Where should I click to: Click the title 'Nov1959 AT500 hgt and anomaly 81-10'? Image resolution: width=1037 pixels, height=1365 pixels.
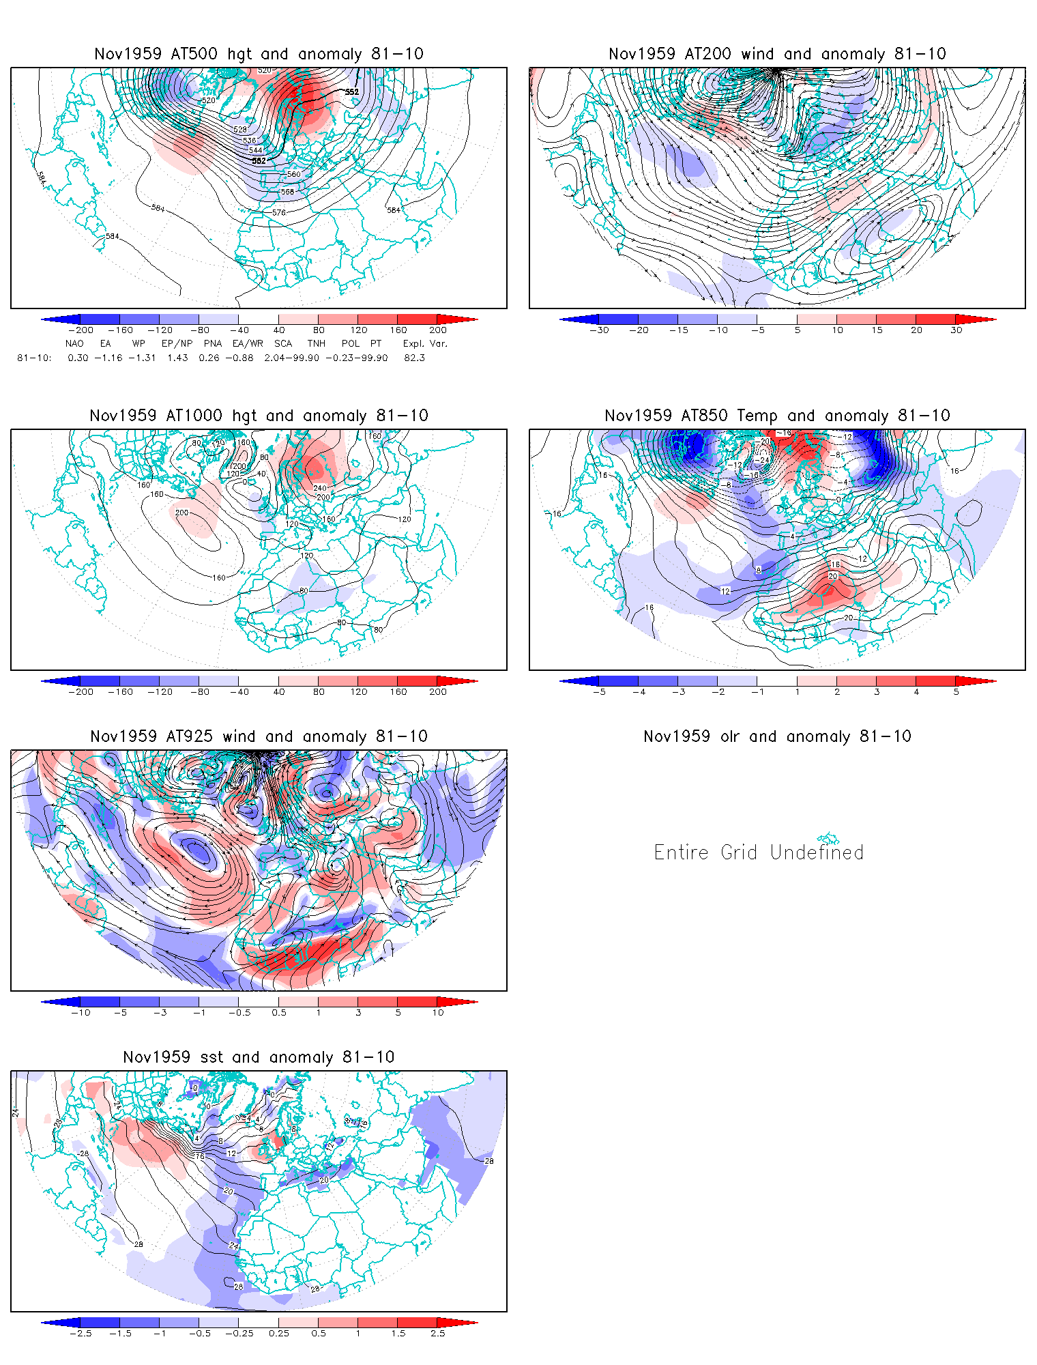click(x=259, y=54)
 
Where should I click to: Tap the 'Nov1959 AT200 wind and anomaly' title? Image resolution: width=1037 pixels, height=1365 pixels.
click(x=777, y=54)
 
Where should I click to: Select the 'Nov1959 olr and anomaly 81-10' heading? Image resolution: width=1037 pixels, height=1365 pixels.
click(x=777, y=736)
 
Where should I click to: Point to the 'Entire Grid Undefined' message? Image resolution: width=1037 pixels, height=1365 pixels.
click(x=759, y=852)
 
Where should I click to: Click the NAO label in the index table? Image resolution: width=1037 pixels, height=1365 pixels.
click(x=74, y=343)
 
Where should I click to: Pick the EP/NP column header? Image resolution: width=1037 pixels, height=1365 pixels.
click(x=177, y=343)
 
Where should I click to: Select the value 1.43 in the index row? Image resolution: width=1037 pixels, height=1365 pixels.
click(x=177, y=358)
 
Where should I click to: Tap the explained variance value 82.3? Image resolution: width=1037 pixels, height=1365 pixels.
click(x=414, y=358)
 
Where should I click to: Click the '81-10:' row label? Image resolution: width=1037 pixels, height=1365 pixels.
click(x=33, y=358)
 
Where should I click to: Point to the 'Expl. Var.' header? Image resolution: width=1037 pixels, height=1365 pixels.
click(x=425, y=343)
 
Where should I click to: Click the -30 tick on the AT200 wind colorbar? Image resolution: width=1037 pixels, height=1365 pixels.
click(x=599, y=330)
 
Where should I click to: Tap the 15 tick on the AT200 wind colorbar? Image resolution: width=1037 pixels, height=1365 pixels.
click(x=877, y=330)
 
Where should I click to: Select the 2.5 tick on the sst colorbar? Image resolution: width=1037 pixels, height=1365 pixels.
click(x=437, y=1334)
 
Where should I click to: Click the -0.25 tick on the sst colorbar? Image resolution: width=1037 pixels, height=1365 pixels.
click(x=239, y=1334)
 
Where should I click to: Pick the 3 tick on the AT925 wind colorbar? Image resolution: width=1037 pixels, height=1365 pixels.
click(x=358, y=1013)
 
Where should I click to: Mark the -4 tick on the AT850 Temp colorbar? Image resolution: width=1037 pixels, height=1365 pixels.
click(x=638, y=692)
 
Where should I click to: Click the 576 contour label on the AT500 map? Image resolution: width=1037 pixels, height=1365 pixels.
click(x=278, y=213)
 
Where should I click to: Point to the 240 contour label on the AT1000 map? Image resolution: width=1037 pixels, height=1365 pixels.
click(x=320, y=488)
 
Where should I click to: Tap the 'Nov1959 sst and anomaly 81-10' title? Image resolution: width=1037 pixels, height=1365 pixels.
click(x=259, y=1057)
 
